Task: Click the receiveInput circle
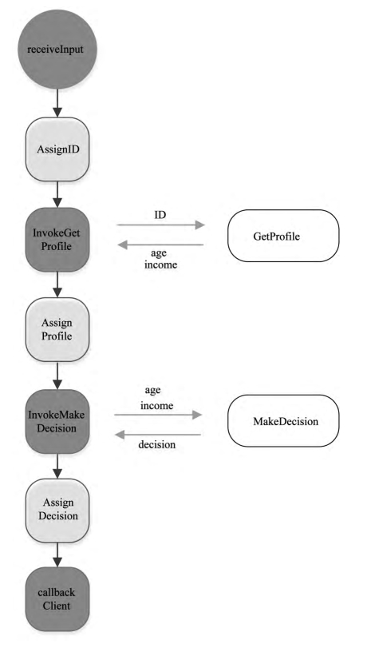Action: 57,50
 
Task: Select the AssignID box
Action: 57,149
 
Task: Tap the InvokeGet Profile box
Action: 57,240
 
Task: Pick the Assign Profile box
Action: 57,330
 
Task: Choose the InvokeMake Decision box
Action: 57,421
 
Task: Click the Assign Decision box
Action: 57,511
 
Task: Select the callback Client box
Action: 57,599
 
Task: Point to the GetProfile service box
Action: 283,236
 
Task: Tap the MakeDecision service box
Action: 283,421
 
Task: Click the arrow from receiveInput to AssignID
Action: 57,103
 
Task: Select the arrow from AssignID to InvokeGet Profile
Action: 57,195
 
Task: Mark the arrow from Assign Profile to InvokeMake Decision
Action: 57,376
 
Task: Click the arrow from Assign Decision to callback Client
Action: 57,555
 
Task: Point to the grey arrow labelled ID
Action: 161,225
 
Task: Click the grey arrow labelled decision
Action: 158,435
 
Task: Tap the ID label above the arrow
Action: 160,215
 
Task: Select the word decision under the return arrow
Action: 157,445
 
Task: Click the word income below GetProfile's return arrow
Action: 160,264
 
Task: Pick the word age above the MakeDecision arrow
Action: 152,391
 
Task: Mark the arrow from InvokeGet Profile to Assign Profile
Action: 57,284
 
